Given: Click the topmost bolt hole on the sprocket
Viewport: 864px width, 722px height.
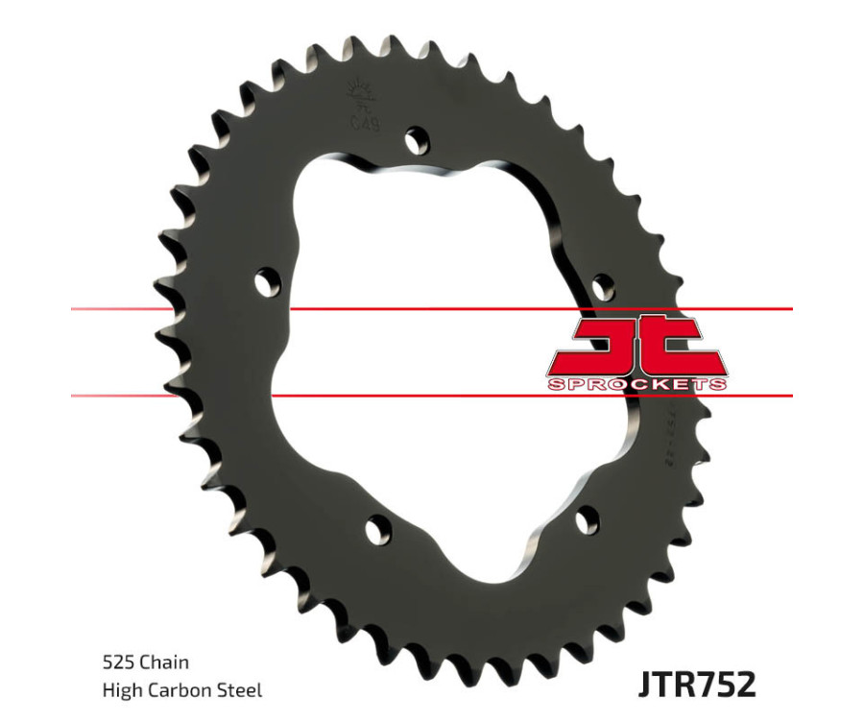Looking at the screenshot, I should click(416, 141).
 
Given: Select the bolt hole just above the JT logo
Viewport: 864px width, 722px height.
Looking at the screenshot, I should click(602, 286).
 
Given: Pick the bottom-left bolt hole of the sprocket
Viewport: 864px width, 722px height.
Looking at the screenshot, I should click(379, 529).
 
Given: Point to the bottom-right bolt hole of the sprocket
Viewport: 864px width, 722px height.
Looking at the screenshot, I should click(588, 519).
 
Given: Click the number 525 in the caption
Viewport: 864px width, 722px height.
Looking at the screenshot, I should click(116, 662).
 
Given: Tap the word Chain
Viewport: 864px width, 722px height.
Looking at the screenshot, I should click(163, 662).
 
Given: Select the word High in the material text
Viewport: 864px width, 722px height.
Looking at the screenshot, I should click(119, 689).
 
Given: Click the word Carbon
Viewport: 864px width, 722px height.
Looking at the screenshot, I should click(180, 689).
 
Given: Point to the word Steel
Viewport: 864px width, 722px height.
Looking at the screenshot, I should click(242, 689).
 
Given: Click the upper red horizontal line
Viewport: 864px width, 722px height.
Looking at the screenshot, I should click(432, 309).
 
